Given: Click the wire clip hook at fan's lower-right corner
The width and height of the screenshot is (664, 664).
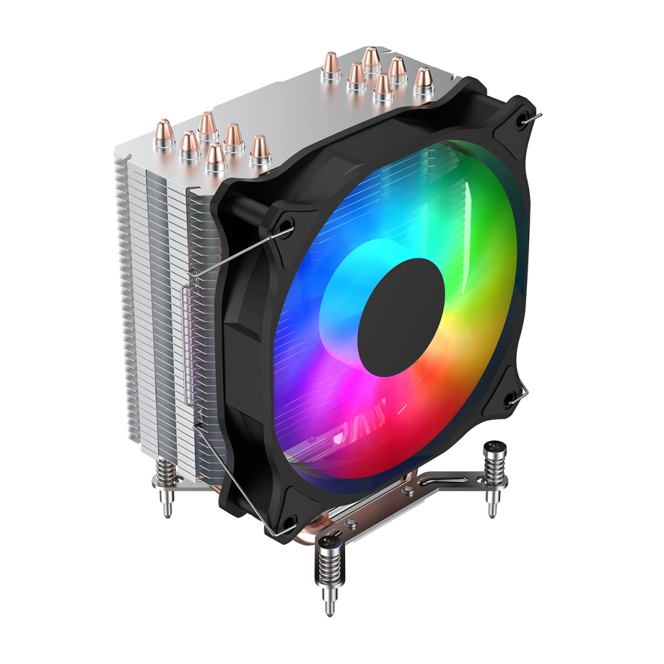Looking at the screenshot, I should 519,397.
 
